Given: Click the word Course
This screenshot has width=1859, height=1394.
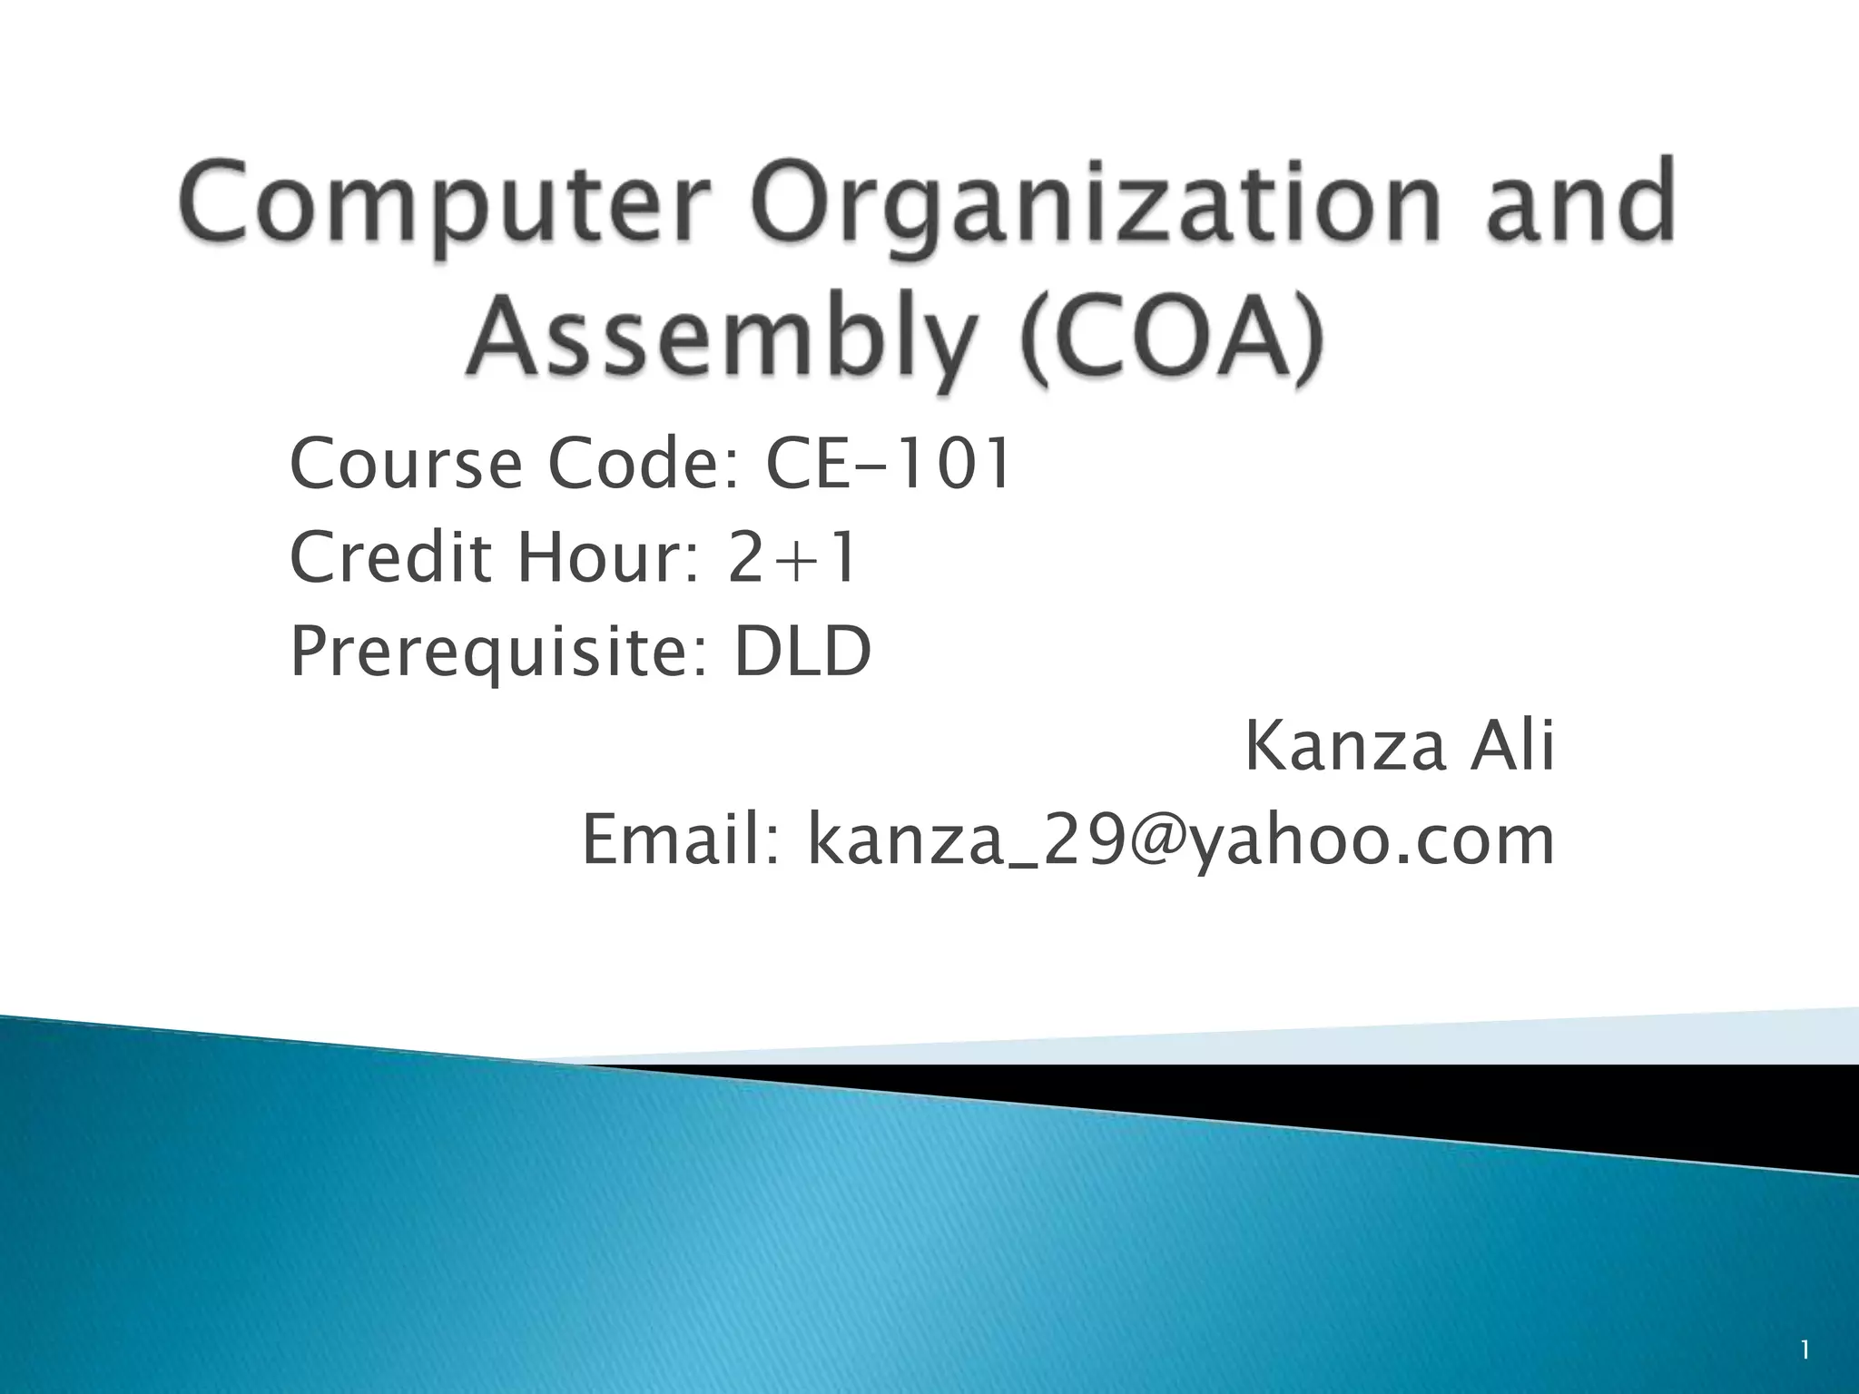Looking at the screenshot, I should pyautogui.click(x=405, y=464).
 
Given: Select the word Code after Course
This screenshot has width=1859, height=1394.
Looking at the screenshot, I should pyautogui.click(x=650, y=464).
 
